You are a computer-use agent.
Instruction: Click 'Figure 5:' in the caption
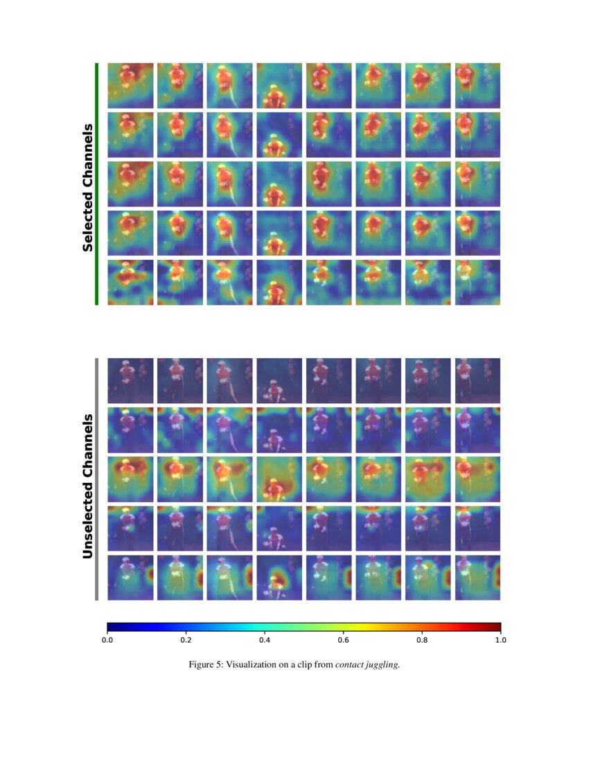pyautogui.click(x=206, y=665)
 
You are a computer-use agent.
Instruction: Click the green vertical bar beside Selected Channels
pyautogui.click(x=97, y=184)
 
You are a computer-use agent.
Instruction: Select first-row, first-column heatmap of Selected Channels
pyautogui.click(x=130, y=85)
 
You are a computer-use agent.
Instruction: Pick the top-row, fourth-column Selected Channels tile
pyautogui.click(x=279, y=85)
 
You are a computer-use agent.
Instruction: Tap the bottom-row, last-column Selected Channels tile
pyautogui.click(x=477, y=282)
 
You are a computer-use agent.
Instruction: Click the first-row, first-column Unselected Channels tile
pyautogui.click(x=130, y=380)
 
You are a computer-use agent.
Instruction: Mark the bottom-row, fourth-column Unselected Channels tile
pyautogui.click(x=279, y=578)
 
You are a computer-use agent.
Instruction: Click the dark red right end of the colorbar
pyautogui.click(x=496, y=627)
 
